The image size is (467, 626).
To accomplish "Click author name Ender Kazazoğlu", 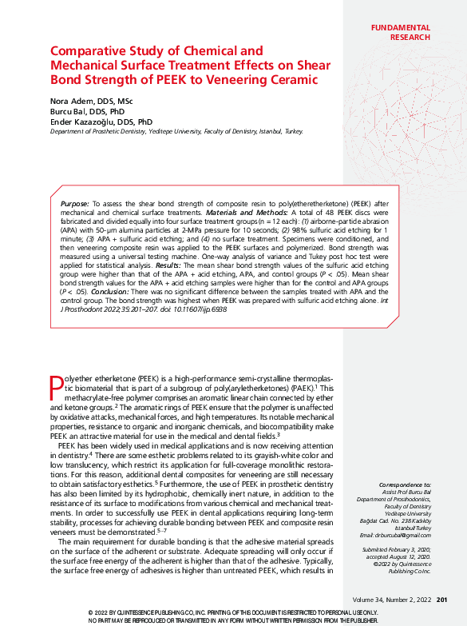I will pos(85,122).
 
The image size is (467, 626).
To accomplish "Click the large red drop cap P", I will pos(56,389).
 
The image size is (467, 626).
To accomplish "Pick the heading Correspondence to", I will pos(405,484).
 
